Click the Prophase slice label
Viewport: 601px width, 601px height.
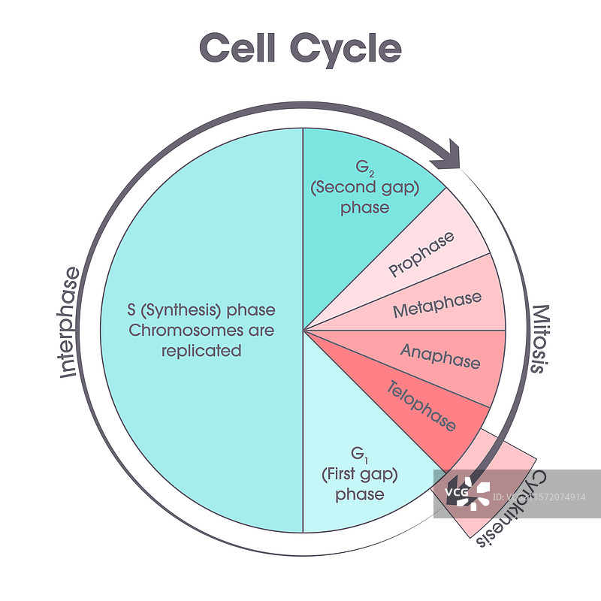[x=422, y=254]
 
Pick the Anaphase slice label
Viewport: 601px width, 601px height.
[x=440, y=356]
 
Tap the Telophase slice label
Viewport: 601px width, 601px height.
[x=421, y=406]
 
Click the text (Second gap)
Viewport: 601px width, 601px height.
[x=364, y=188]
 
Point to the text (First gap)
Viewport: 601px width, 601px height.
[x=359, y=475]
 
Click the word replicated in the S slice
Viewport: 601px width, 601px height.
[x=201, y=350]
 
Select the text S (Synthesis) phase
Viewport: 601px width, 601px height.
[x=201, y=310]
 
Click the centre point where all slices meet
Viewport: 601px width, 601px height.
[x=303, y=329]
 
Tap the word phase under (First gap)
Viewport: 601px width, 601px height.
[x=360, y=494]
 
